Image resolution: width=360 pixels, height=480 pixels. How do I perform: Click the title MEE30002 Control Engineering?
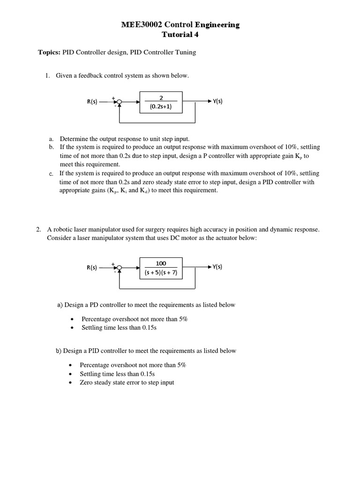pos(180,25)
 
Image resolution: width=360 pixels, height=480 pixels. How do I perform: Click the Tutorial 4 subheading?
pos(180,35)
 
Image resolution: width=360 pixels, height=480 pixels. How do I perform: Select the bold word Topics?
pos(49,52)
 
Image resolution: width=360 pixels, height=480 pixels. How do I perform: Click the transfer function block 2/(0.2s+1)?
pos(161,102)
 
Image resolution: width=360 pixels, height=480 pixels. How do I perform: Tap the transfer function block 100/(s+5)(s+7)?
pos(161,268)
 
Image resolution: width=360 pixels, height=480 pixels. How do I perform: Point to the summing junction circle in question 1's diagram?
pos(120,102)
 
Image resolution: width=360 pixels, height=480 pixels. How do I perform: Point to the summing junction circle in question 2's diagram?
pos(120,268)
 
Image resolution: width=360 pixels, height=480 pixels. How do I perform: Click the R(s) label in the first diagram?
pos(92,102)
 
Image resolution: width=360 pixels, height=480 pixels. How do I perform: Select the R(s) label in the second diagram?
pos(92,268)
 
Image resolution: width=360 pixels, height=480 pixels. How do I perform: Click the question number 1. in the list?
pos(47,75)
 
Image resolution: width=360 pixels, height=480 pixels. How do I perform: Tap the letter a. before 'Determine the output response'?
pos(52,139)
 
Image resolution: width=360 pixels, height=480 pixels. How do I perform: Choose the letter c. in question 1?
pos(52,174)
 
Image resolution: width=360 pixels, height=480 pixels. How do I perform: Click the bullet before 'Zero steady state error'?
pos(70,383)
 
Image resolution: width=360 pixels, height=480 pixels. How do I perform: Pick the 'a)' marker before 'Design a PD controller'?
pos(60,305)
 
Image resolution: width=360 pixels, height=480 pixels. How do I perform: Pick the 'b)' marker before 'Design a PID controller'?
pos(59,351)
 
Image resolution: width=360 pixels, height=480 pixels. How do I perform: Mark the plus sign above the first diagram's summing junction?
pos(113,97)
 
